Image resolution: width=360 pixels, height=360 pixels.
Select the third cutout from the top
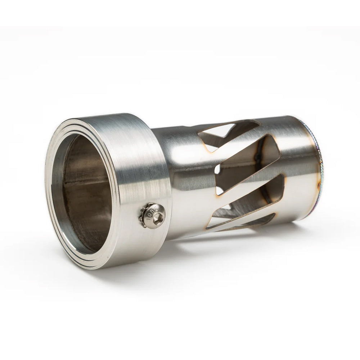[252, 202]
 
